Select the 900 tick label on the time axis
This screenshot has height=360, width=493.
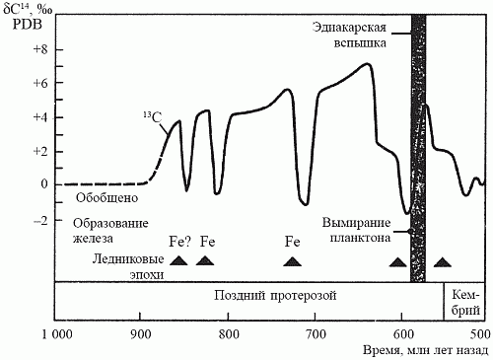coord(141,333)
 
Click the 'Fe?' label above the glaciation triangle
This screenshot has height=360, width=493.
coord(179,241)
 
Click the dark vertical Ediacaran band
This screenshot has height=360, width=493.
coord(417,148)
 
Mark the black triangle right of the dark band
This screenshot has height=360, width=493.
coord(443,261)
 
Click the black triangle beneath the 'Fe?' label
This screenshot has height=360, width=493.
coord(178,260)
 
